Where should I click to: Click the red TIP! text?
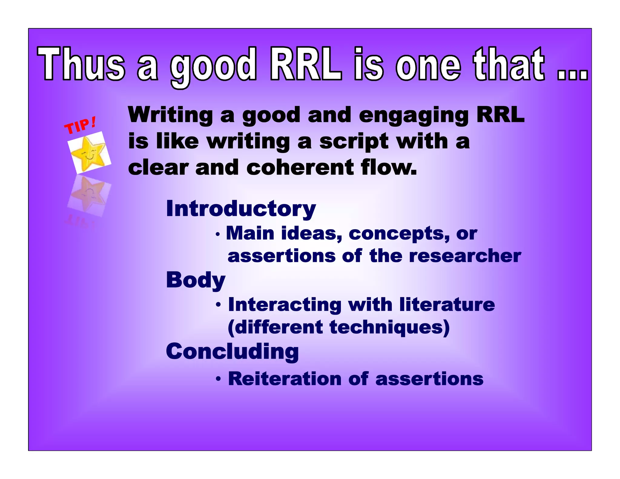81,125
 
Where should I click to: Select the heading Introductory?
241,209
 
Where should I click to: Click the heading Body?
196,280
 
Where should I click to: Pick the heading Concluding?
232,352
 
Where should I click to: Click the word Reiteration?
285,379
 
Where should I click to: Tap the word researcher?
465,256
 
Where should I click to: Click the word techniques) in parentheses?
389,327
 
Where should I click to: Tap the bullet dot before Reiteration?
218,379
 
